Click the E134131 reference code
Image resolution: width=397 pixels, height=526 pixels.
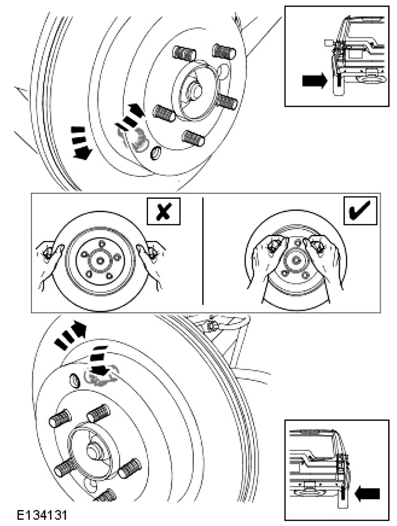pyautogui.click(x=42, y=515)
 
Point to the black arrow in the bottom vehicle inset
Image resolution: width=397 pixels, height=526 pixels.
pyautogui.click(x=367, y=493)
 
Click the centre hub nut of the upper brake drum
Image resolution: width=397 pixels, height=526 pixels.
pyautogui.click(x=195, y=90)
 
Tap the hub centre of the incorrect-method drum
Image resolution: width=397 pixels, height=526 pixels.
pyautogui.click(x=100, y=260)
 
